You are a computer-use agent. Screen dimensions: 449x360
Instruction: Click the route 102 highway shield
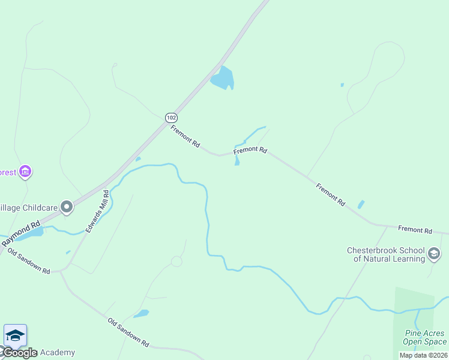(171, 118)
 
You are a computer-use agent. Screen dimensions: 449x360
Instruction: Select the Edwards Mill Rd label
(97, 211)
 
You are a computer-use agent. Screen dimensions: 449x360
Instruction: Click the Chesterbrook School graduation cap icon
(433, 254)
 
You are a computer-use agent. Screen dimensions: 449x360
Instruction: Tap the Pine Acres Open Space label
(424, 338)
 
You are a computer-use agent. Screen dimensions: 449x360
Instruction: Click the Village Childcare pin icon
(67, 208)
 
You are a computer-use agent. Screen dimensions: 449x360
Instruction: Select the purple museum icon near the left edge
(25, 173)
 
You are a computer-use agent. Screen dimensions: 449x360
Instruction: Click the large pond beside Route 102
(223, 78)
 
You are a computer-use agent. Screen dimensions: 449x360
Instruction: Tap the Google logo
(19, 353)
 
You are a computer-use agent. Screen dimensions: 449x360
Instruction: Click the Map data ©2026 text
(423, 355)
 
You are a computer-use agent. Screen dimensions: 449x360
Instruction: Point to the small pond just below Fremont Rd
(237, 161)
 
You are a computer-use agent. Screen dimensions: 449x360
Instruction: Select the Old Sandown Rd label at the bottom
(128, 332)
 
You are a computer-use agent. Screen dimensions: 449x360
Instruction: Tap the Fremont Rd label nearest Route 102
(185, 137)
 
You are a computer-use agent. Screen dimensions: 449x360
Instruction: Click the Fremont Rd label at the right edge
(415, 230)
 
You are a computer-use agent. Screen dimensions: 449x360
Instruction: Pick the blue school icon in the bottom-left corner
(15, 335)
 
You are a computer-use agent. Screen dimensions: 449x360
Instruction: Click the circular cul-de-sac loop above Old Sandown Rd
(176, 262)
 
